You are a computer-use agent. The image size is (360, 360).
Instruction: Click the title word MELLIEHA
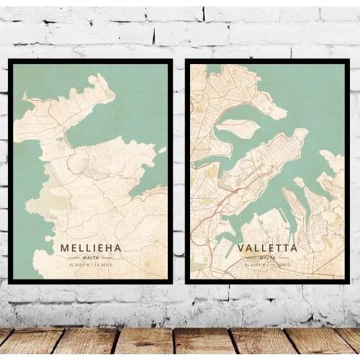(x=91, y=248)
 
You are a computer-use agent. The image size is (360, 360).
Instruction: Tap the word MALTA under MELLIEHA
(x=91, y=257)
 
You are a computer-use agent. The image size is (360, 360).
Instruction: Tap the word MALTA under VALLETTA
(x=267, y=257)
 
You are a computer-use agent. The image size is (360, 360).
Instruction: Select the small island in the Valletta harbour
(x=238, y=128)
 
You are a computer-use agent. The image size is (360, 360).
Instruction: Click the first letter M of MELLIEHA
(x=65, y=248)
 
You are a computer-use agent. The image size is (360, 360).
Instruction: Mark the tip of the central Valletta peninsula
(x=302, y=134)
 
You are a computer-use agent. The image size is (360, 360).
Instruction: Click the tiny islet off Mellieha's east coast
(x=163, y=150)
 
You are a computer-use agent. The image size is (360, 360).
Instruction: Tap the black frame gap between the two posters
(x=179, y=173)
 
